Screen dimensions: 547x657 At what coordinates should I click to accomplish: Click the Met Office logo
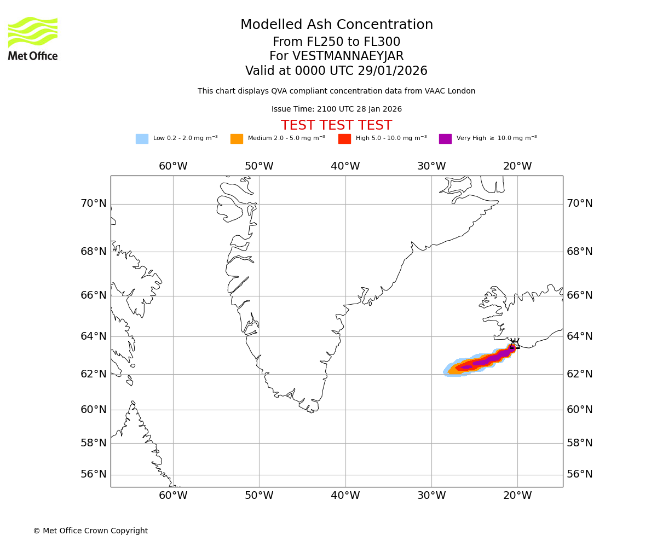click(x=33, y=38)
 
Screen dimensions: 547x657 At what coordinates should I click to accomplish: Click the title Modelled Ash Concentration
click(x=337, y=25)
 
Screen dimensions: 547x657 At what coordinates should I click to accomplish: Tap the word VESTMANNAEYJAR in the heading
click(x=348, y=56)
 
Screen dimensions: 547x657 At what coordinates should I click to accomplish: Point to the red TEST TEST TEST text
click(x=336, y=125)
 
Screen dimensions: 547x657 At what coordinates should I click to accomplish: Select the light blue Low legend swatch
click(x=142, y=138)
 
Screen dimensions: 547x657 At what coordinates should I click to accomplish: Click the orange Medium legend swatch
click(x=237, y=138)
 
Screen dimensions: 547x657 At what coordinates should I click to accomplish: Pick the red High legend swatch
click(x=344, y=138)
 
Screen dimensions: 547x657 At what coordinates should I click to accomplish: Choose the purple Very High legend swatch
click(x=445, y=138)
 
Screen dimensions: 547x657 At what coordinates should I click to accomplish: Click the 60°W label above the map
click(x=173, y=166)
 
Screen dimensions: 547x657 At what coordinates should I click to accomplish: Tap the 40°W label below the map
click(x=345, y=496)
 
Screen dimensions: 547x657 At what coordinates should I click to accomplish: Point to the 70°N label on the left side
click(x=94, y=203)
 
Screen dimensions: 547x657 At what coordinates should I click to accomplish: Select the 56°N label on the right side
click(x=580, y=474)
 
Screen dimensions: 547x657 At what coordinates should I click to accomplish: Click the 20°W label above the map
click(x=517, y=166)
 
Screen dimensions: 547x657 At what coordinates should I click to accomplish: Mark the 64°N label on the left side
click(x=94, y=336)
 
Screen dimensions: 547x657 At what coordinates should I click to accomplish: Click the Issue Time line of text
click(x=336, y=109)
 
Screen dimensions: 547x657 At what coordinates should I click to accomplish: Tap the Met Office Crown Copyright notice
click(x=90, y=531)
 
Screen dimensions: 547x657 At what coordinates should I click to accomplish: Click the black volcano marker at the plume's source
click(x=514, y=344)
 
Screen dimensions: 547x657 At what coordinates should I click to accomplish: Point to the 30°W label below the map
click(x=431, y=496)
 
